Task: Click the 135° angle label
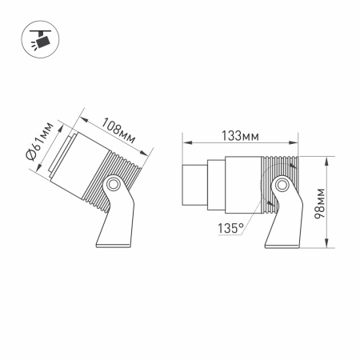pos(230,228)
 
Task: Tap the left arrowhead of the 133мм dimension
pos(187,144)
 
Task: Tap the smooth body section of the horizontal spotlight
pos(244,185)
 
